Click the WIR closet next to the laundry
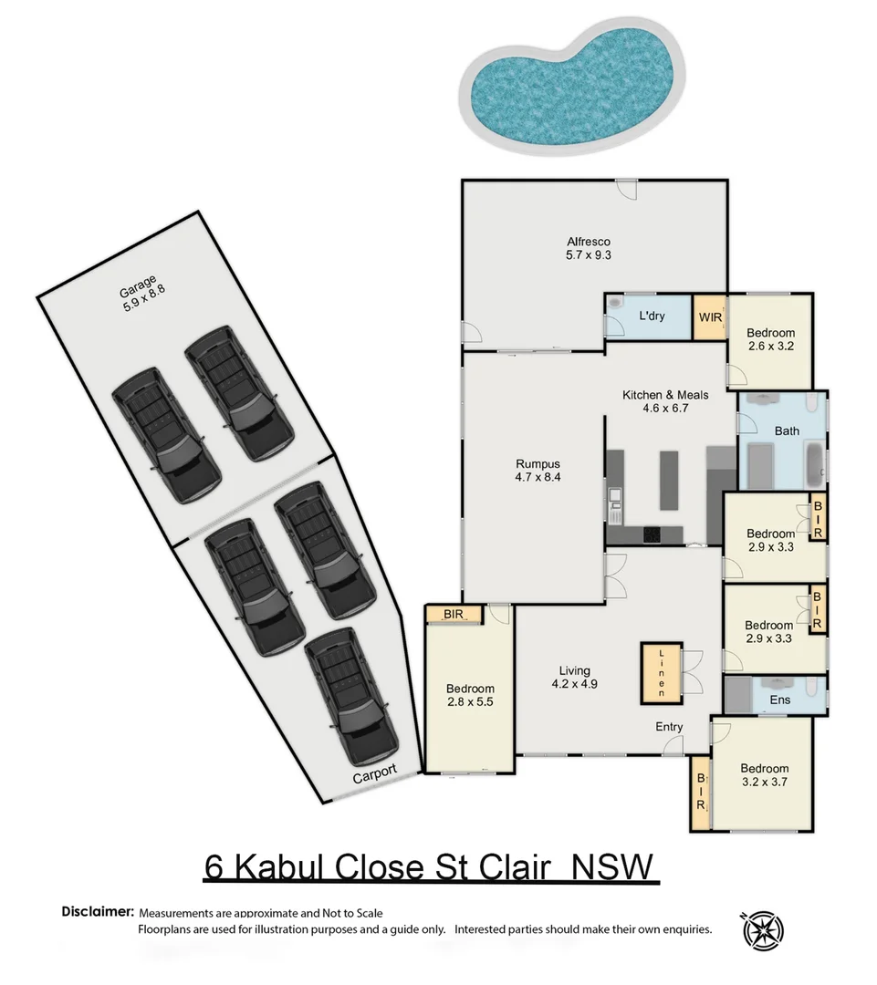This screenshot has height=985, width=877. (710, 317)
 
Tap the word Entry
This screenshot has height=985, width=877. (669, 726)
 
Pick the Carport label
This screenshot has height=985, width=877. (375, 772)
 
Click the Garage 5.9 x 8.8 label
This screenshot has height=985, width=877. (141, 294)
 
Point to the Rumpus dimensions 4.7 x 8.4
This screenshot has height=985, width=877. (537, 476)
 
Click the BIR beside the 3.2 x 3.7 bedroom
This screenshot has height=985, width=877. (701, 793)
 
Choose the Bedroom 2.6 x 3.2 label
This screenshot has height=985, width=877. (770, 339)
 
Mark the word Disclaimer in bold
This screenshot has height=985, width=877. (98, 912)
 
